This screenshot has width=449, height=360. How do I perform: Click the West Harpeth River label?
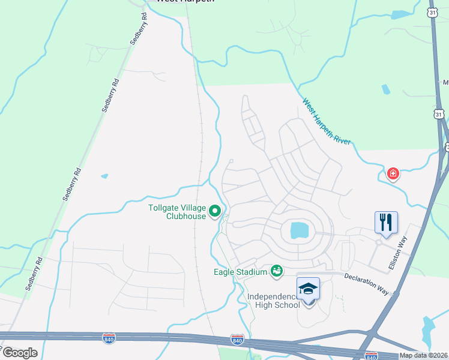pyautogui.click(x=327, y=122)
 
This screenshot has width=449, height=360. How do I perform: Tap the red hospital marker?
pyautogui.click(x=393, y=174)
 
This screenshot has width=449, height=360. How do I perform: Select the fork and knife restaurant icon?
pyautogui.click(x=387, y=222)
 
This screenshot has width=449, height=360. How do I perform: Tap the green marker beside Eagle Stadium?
pyautogui.click(x=277, y=272)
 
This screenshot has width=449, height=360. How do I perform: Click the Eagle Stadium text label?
pyautogui.click(x=240, y=272)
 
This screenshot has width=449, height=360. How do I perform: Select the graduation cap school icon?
pyautogui.click(x=309, y=289)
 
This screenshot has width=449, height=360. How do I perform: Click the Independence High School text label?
pyautogui.click(x=274, y=301)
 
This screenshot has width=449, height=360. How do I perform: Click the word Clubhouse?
pyautogui.click(x=186, y=217)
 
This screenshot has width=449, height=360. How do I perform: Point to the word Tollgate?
pyautogui.click(x=163, y=208)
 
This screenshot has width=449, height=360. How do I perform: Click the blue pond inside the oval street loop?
pyautogui.click(x=298, y=230)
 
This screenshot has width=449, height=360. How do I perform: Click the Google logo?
pyautogui.click(x=20, y=353)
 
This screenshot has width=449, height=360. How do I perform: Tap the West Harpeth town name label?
pyautogui.click(x=178, y=1)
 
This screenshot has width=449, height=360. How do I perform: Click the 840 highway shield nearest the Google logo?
pyautogui.click(x=109, y=338)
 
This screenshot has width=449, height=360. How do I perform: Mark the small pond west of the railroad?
pyautogui.click(x=105, y=176)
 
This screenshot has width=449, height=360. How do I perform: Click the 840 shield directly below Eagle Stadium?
pyautogui.click(x=238, y=340)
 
